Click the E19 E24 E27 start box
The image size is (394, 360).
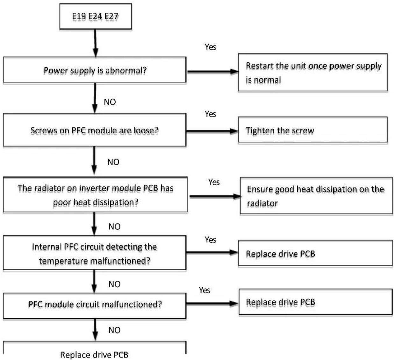(x=96, y=16)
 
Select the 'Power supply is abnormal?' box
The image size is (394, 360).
(x=95, y=70)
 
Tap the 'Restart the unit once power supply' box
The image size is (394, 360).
(x=313, y=72)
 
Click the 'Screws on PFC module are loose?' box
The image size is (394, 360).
(x=95, y=130)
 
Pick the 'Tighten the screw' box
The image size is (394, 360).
(x=313, y=130)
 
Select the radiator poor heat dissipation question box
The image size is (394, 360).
(x=96, y=194)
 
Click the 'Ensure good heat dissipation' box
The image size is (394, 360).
(x=316, y=195)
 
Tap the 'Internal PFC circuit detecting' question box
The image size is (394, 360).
(x=95, y=253)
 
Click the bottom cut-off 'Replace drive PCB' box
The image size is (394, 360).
(x=95, y=351)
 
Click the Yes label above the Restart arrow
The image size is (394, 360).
(x=210, y=47)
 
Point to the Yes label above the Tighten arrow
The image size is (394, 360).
(x=210, y=114)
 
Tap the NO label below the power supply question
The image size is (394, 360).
(x=110, y=102)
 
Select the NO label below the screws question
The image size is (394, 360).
(x=113, y=162)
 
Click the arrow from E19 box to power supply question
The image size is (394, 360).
(x=96, y=43)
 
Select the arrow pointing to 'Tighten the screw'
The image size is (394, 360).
(x=212, y=131)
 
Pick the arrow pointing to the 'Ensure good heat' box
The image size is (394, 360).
(x=215, y=196)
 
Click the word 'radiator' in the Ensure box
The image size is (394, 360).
(x=262, y=203)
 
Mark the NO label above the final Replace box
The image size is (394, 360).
(x=115, y=330)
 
